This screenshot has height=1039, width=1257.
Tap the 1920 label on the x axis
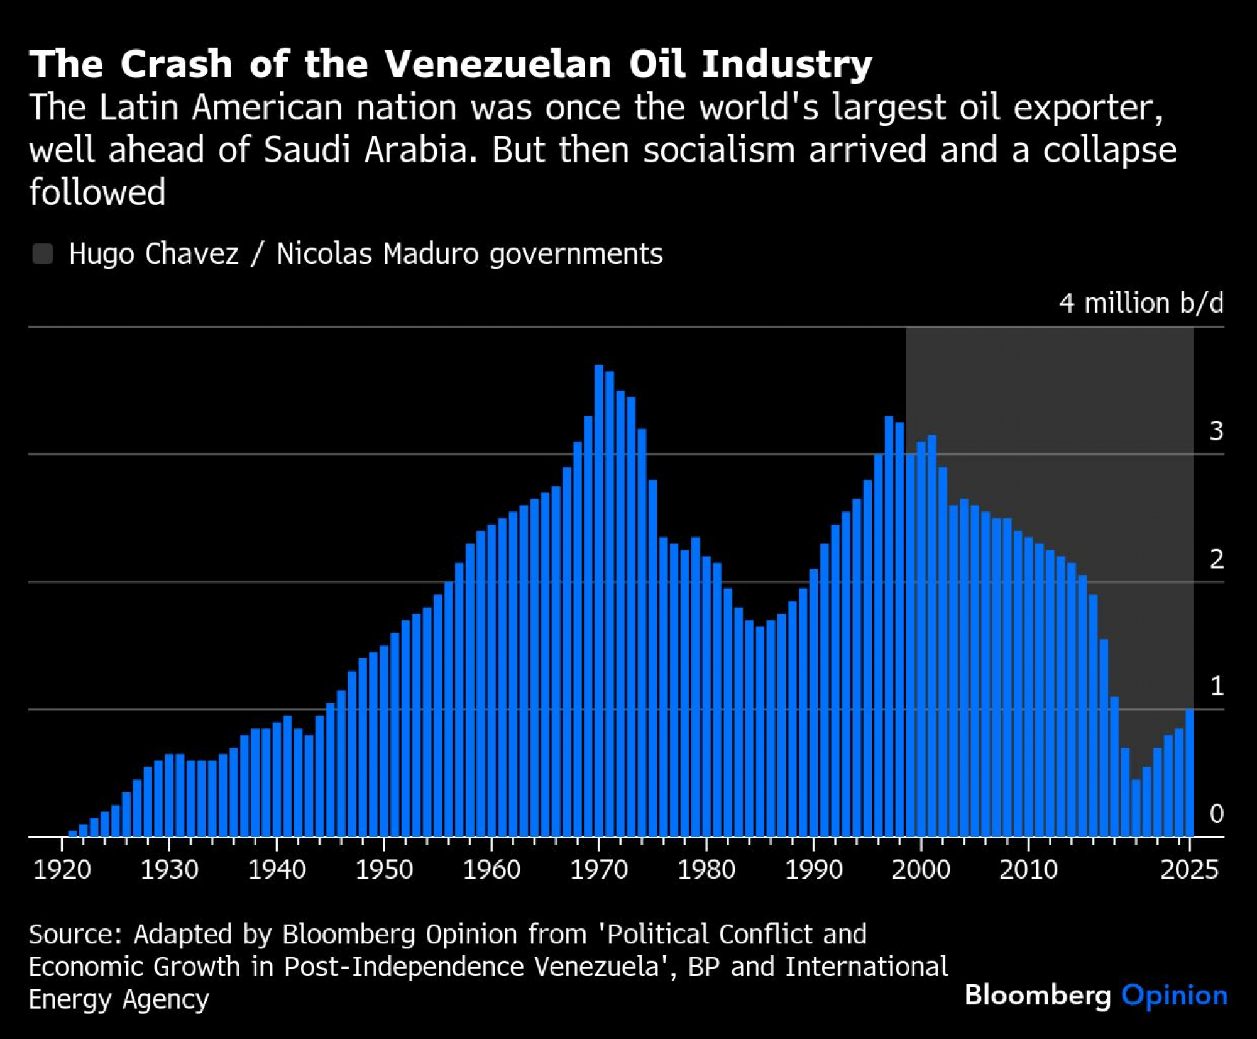coord(62,870)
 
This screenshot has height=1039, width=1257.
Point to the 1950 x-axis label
coord(384,870)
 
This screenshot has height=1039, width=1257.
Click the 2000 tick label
coord(921,870)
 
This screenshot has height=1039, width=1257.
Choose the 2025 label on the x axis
coord(1189,870)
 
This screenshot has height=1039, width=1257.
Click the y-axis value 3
coord(1216,431)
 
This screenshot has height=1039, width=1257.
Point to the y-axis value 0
coord(1216,814)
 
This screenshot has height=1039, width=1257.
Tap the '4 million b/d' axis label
coord(1141,303)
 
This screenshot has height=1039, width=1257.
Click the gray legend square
coord(43,254)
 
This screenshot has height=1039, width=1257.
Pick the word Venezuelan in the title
coord(498,64)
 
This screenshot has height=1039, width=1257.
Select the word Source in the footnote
coord(74,935)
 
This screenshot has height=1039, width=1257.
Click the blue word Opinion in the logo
coord(1174,996)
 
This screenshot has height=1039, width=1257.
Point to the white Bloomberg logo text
coord(1038,996)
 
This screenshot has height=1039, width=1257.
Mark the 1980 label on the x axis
coord(706,870)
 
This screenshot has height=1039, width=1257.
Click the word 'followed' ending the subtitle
coord(97,192)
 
